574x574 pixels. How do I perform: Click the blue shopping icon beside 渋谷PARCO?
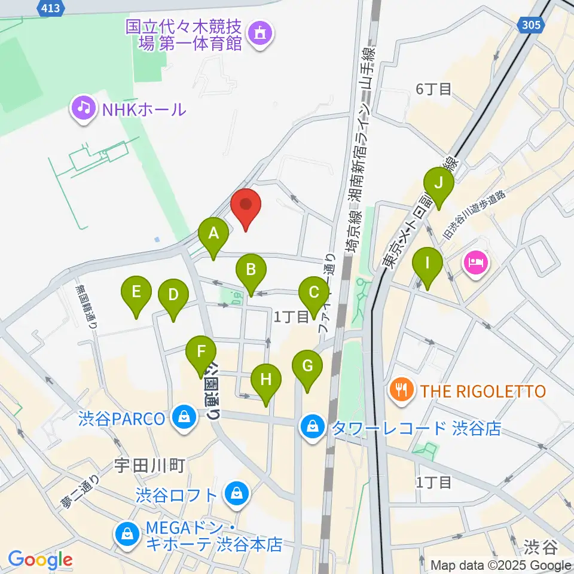pos(183,417)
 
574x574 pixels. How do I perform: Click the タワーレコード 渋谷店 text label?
pos(416,428)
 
